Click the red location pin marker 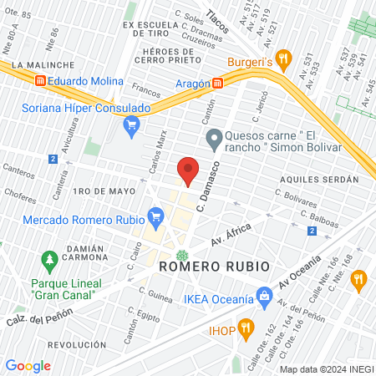click(x=188, y=171)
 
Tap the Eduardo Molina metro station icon click(x=39, y=81)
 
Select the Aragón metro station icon click(x=217, y=83)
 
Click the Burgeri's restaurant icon click(x=283, y=58)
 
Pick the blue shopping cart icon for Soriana click(x=130, y=125)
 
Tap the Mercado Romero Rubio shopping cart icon click(x=155, y=219)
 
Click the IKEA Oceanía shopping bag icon click(x=264, y=295)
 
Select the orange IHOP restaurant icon click(x=245, y=326)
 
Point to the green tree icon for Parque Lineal click(x=50, y=261)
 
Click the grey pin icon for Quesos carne click(x=213, y=138)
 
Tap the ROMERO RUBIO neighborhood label click(x=214, y=266)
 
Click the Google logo click(x=28, y=366)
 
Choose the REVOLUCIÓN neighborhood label click(x=77, y=344)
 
